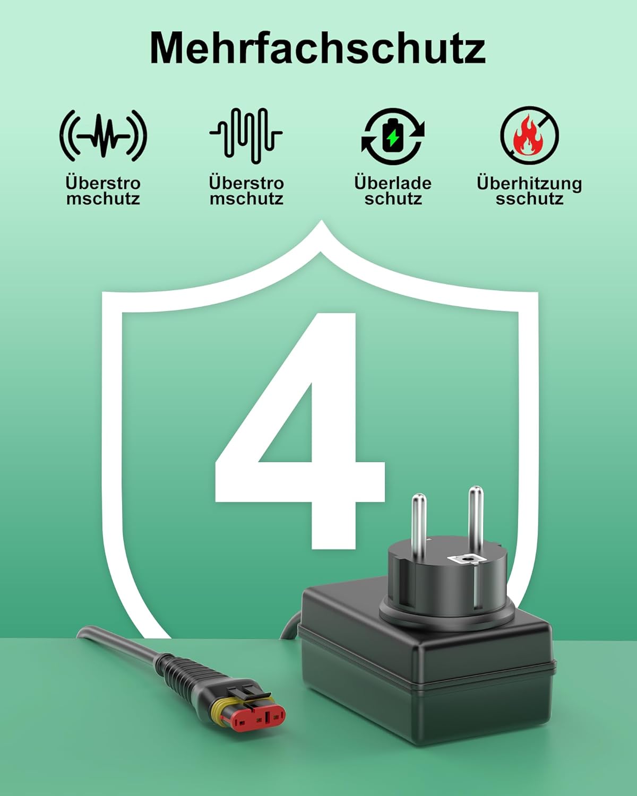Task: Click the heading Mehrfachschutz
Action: tap(317, 49)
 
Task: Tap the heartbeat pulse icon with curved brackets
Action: tap(104, 135)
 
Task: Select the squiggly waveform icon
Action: tap(246, 135)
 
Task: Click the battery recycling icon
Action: tap(393, 136)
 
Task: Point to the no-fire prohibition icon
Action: tap(530, 135)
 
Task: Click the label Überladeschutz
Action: tap(393, 191)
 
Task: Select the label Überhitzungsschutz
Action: tap(529, 191)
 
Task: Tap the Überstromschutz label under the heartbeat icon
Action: tap(104, 191)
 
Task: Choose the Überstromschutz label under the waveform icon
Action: tap(246, 191)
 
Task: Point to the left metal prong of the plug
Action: tap(419, 527)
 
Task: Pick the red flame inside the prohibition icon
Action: tap(528, 136)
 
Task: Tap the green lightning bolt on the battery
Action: tap(392, 137)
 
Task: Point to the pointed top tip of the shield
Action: tap(321, 221)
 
